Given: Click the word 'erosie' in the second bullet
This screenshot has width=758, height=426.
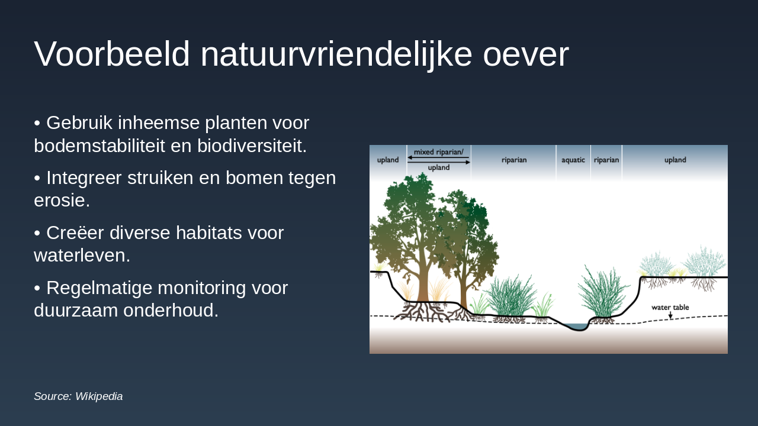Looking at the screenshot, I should pos(62,201).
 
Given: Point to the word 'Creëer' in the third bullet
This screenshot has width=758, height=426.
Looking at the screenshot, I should pos(76,233).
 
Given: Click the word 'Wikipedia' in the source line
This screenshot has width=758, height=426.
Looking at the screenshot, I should pos(99,396).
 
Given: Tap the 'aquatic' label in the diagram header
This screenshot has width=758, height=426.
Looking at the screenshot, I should pos(573,160).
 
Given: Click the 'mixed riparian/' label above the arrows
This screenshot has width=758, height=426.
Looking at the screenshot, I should pos(438,152).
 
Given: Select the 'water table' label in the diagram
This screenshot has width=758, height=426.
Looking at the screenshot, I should pos(670,308).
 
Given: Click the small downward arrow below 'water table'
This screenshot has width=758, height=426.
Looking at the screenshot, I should pos(670,315).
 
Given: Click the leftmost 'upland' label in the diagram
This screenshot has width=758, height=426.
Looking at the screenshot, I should pos(388,160).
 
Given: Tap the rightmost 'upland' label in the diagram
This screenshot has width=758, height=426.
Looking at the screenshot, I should pos(675,160).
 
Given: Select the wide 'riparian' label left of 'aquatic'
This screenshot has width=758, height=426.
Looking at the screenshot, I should pos(513,160).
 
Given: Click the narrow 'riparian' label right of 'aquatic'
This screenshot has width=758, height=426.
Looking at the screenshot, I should pos(606,160).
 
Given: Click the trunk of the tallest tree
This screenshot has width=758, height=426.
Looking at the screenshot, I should pos(422,287).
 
